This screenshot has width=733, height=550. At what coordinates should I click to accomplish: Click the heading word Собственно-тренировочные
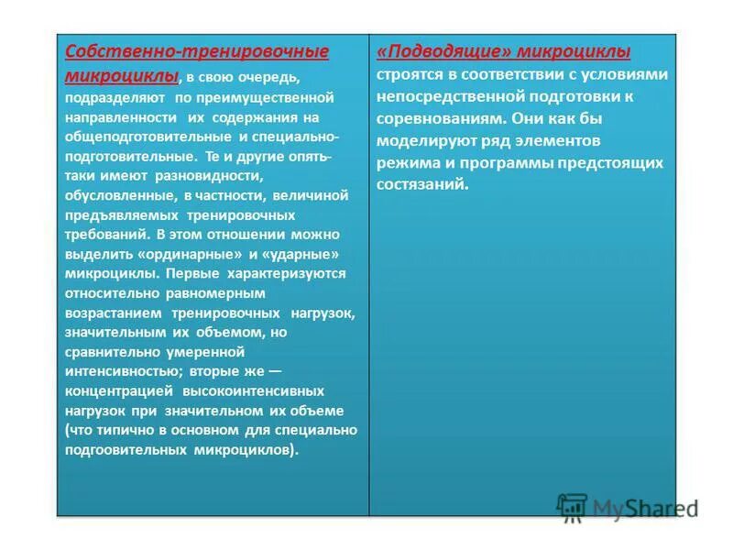pos(197,51)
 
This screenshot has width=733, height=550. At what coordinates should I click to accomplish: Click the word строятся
pos(409,74)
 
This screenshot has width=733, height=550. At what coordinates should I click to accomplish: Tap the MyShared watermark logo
pos(628,508)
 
